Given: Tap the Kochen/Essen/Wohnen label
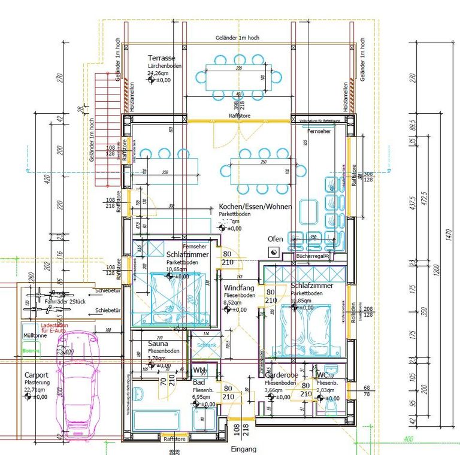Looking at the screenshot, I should (x=255, y=207).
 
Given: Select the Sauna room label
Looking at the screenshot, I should (x=159, y=344).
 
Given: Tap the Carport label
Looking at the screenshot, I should (x=37, y=375).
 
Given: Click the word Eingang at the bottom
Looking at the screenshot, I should (x=243, y=449).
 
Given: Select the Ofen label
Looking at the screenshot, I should (x=275, y=239).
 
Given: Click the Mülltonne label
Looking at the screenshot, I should (x=36, y=335).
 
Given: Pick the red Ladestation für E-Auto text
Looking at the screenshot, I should (x=55, y=328).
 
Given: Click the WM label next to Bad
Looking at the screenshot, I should (x=198, y=371).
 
